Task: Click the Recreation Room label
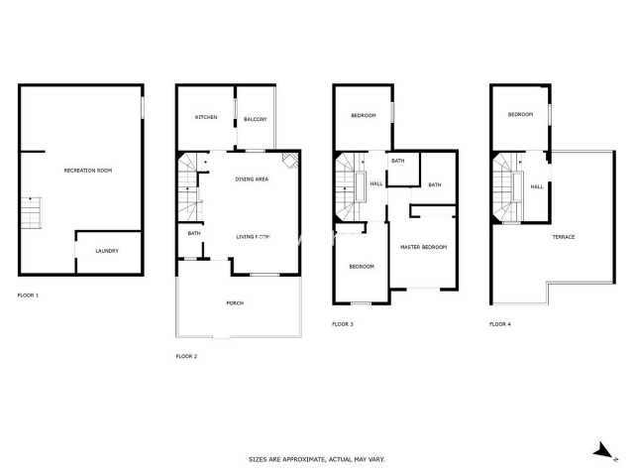pos(88,171)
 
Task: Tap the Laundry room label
pos(107,251)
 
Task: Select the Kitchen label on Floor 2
pos(206,118)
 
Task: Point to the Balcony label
pos(255,120)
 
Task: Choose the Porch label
pos(235,303)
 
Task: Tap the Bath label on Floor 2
pos(194,234)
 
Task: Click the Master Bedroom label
pos(423,246)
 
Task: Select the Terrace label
pos(564,237)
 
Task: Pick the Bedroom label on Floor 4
pos(520,115)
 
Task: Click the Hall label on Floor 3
pos(376,183)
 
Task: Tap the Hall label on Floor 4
pos(536,186)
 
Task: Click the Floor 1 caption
pos(29,296)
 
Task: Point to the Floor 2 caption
pos(186,356)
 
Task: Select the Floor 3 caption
pos(343,324)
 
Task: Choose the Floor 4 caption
pos(500,324)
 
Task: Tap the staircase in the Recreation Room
pos(33,211)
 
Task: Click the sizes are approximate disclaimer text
pos(316,459)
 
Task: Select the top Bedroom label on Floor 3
pos(363,116)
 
